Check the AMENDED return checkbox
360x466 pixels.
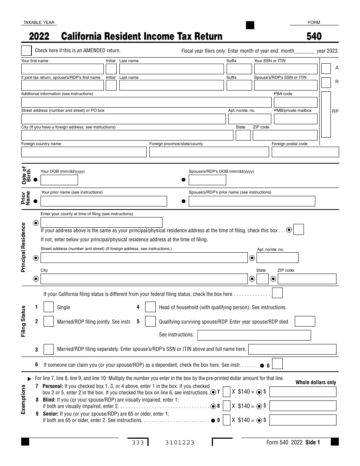27,51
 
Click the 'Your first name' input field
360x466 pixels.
62,69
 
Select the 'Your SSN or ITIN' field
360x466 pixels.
285,69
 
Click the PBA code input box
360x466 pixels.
295,102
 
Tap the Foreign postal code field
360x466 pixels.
305,152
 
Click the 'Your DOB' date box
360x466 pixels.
59,180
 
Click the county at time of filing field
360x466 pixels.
101,222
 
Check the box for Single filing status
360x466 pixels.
49,307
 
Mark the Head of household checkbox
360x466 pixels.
150,307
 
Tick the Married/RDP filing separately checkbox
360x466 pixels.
49,349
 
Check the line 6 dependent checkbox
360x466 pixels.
277,364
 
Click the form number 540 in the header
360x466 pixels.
314,36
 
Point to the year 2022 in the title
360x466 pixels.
39,36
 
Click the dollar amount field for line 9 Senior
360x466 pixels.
303,420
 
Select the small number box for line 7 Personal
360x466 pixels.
227,392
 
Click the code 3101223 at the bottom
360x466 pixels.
180,443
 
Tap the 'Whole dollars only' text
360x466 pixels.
316,382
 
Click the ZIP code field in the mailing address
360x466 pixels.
285,135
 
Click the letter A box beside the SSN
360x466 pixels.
326,69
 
